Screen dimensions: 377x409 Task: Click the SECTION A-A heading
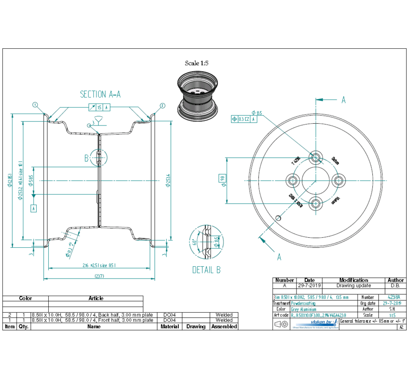click(x=100, y=94)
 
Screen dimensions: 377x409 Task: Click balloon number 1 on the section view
click(x=35, y=105)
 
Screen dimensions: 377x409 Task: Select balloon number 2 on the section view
click(x=162, y=105)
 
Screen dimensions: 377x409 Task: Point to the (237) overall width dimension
click(x=99, y=276)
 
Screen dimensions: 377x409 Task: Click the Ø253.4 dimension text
click(x=169, y=180)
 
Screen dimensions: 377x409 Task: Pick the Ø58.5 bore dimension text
click(x=31, y=180)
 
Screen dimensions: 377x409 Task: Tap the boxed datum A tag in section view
click(x=33, y=208)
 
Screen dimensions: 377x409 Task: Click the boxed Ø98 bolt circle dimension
click(x=223, y=180)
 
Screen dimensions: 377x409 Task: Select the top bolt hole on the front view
click(x=316, y=157)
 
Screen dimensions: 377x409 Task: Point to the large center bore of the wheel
click(x=316, y=180)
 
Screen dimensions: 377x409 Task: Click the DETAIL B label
click(x=206, y=270)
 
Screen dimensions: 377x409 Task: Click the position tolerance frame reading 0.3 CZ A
click(x=244, y=119)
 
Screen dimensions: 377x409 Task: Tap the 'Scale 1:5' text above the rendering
click(x=197, y=63)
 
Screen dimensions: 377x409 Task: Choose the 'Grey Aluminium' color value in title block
click(x=304, y=309)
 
